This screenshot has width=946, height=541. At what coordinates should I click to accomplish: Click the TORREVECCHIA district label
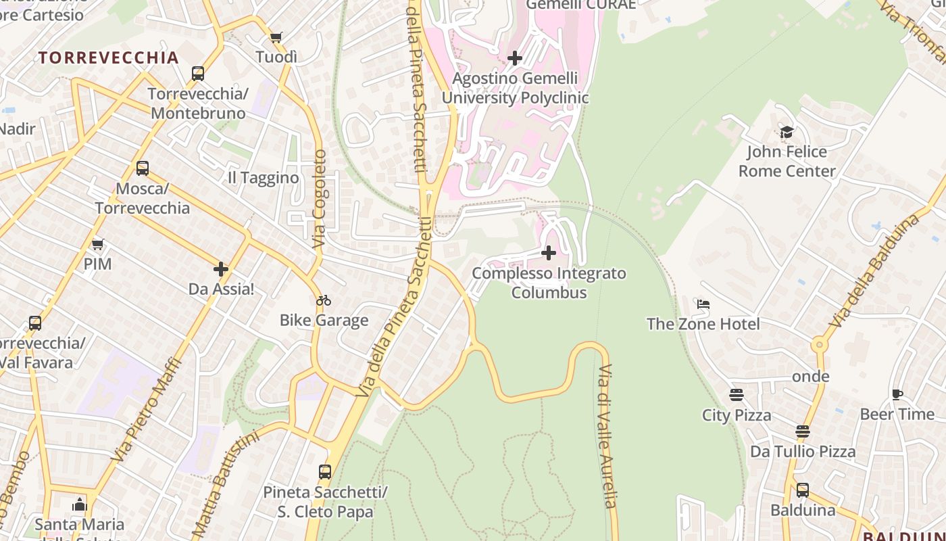pyautogui.click(x=109, y=57)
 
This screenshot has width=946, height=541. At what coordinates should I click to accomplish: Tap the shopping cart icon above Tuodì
pyautogui.click(x=276, y=37)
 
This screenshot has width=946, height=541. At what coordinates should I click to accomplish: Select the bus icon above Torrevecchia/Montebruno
pyautogui.click(x=198, y=73)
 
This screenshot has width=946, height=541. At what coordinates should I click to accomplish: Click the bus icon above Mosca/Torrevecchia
pyautogui.click(x=143, y=168)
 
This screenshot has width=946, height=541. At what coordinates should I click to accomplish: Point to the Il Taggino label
pyautogui.click(x=263, y=178)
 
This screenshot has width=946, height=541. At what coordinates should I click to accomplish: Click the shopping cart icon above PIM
pyautogui.click(x=98, y=243)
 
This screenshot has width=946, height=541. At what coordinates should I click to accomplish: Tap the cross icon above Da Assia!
pyautogui.click(x=221, y=269)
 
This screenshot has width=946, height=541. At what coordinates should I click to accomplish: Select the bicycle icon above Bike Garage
pyautogui.click(x=324, y=300)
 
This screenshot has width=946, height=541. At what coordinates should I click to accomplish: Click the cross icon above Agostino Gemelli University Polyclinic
pyautogui.click(x=515, y=58)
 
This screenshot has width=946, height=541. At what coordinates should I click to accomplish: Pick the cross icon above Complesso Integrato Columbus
pyautogui.click(x=549, y=254)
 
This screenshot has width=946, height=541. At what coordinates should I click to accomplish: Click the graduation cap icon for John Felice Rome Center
pyautogui.click(x=787, y=132)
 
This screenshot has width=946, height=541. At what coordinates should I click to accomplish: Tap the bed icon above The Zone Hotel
pyautogui.click(x=703, y=304)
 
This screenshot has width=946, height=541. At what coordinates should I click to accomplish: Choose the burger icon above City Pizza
pyautogui.click(x=737, y=395)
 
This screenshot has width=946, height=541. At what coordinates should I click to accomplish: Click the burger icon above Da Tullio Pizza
pyautogui.click(x=803, y=431)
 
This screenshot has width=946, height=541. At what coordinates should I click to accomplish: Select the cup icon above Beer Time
pyautogui.click(x=897, y=394)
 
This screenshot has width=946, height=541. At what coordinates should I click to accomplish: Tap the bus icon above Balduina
pyautogui.click(x=803, y=490)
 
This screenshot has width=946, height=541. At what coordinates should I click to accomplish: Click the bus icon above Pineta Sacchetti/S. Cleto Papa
pyautogui.click(x=325, y=472)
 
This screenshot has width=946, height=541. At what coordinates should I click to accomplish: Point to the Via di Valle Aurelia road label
pyautogui.click(x=607, y=436)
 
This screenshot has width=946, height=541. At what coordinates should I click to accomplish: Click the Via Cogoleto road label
pyautogui.click(x=320, y=198)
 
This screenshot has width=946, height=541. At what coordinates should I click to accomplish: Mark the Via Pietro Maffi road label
pyautogui.click(x=147, y=410)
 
